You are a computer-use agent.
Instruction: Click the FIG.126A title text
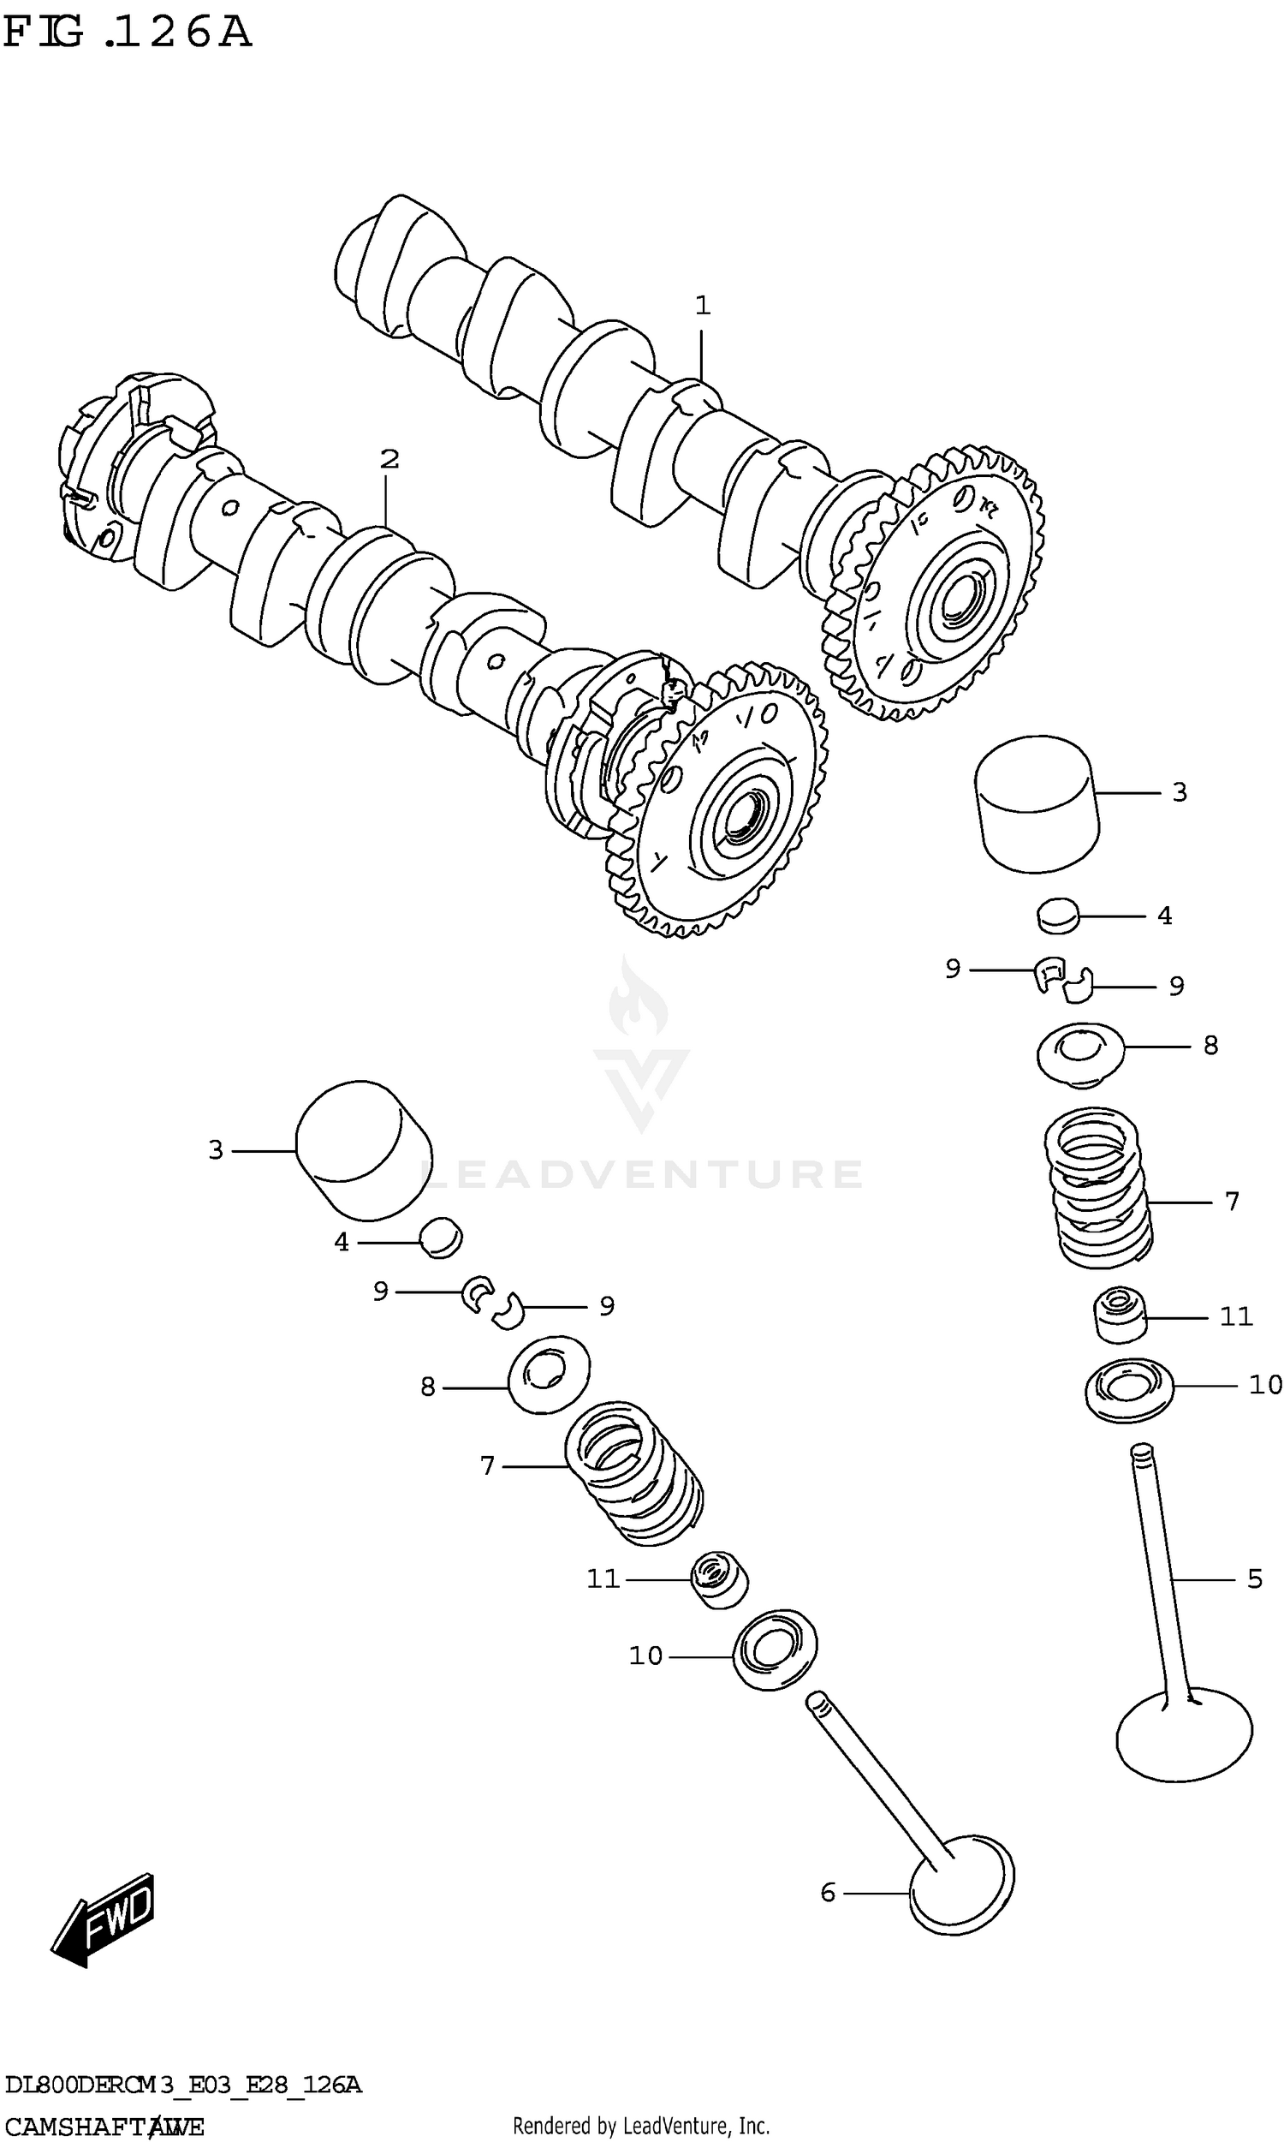128,33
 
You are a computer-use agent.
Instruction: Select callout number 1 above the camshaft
703,306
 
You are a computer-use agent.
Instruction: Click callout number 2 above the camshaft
389,459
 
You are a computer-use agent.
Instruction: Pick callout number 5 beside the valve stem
1255,1579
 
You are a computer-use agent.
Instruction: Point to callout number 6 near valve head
828,1893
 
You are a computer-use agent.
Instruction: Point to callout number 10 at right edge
1264,1385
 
